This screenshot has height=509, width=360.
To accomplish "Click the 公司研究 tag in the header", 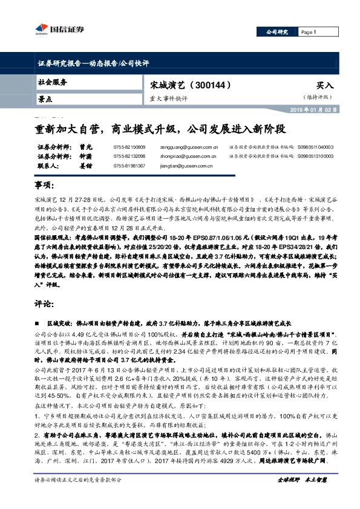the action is click(x=277, y=32).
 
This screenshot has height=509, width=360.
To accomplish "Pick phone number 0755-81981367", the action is click(x=129, y=165).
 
